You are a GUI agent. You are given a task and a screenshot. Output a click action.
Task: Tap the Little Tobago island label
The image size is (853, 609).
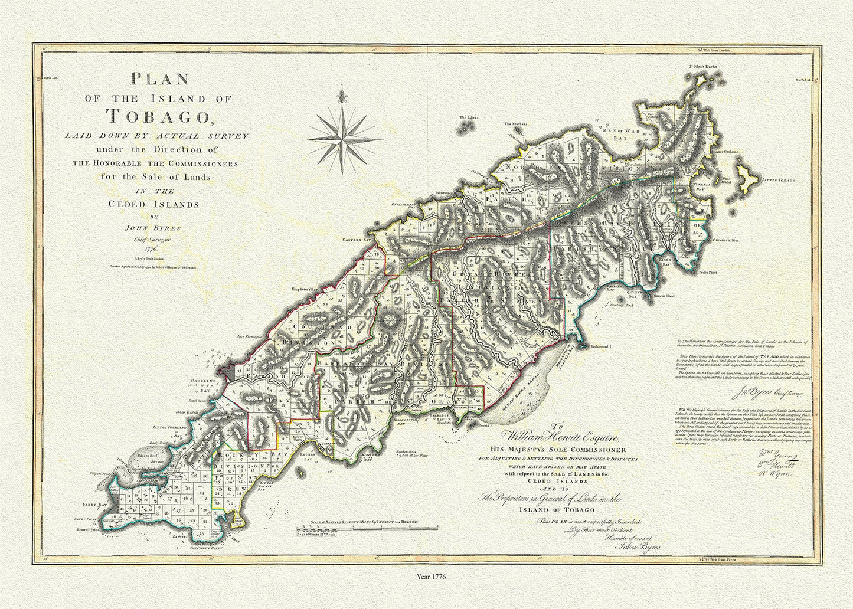pyautogui.click(x=779, y=179)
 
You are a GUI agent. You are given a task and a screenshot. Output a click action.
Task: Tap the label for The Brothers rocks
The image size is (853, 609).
pyautogui.click(x=515, y=125)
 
